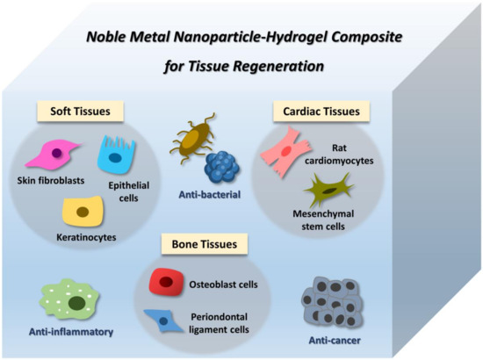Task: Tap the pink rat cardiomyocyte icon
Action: [285, 150]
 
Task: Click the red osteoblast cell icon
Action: [165, 283]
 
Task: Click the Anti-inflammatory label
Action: [57, 334]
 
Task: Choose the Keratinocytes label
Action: [82, 237]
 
